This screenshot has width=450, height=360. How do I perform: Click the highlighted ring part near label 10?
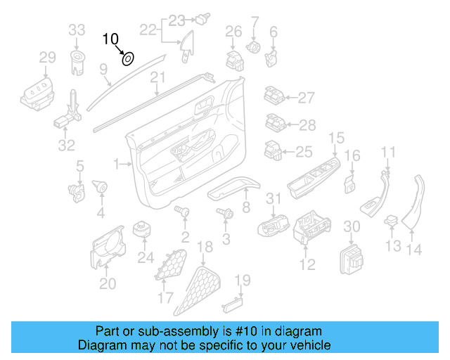[x=128, y=58]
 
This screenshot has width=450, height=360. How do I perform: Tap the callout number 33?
[x=77, y=30]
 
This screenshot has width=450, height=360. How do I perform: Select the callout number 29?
[x=47, y=57]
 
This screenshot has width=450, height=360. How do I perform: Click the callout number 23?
[x=176, y=20]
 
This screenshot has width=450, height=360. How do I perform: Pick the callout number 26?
[x=233, y=31]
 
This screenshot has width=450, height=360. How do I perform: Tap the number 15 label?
[x=337, y=138]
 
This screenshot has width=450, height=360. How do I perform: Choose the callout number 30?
[x=351, y=226]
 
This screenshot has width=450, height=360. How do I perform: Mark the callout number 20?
[x=107, y=283]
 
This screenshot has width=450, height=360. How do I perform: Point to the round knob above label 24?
[x=145, y=230]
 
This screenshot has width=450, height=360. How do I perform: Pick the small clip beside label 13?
[x=392, y=223]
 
